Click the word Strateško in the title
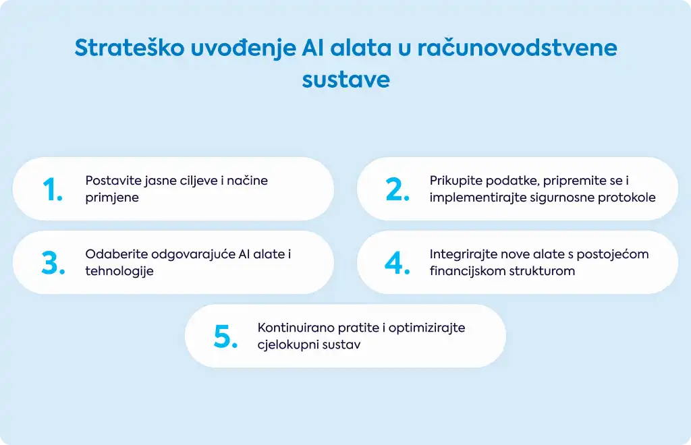130,47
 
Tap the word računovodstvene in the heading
518,48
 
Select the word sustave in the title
346,80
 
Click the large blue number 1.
53,189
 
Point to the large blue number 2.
397,189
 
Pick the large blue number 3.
53,263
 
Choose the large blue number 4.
397,263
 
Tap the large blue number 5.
225,336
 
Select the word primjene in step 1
112,198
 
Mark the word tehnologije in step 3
119,271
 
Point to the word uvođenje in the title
243,48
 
